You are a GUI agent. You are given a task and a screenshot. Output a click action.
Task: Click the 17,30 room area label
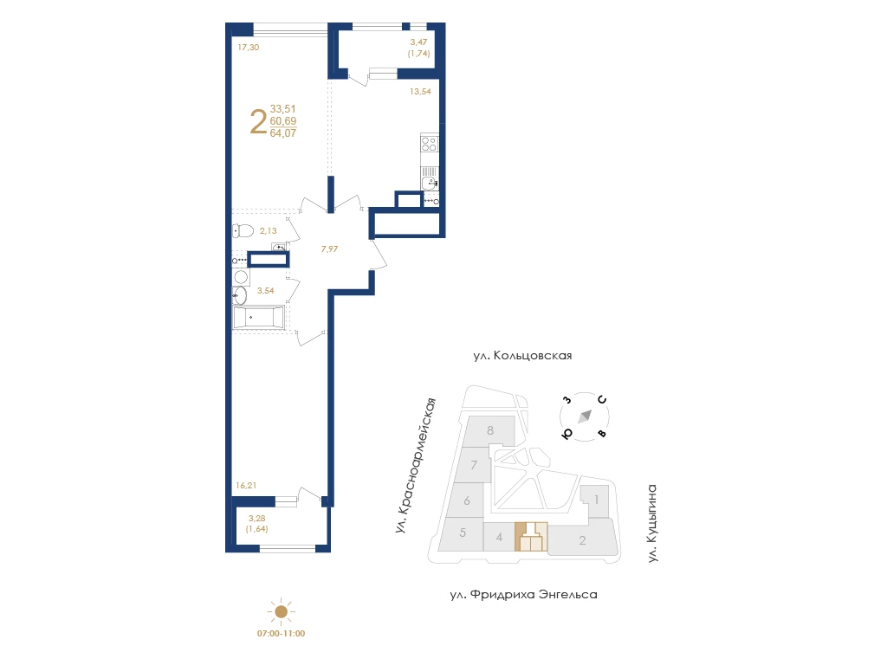click(249, 48)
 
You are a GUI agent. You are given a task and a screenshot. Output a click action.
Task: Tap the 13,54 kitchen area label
click(420, 91)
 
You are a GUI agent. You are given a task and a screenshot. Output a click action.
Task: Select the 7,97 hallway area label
click(329, 249)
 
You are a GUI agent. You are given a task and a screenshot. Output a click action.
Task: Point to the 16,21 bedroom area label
click(246, 485)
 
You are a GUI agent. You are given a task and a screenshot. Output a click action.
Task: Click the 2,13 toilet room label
click(269, 230)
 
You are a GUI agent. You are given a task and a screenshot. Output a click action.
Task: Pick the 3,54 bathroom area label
click(265, 291)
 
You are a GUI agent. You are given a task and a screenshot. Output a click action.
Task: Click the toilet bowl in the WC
click(243, 230)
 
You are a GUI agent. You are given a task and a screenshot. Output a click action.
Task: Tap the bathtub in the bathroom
click(258, 317)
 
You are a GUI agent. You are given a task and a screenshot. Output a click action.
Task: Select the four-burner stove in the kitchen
click(430, 143)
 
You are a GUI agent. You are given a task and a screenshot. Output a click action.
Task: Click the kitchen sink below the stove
click(430, 182)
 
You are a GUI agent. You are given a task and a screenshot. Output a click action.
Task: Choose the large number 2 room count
click(258, 122)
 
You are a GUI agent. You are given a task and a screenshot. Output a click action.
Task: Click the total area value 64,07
click(283, 133)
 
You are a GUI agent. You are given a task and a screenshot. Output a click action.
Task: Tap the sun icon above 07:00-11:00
click(282, 611)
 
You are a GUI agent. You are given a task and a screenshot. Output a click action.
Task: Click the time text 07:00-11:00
click(282, 634)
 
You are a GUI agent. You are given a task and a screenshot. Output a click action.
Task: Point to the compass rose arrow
click(585, 416)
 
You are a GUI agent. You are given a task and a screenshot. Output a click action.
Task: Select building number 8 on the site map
click(490, 430)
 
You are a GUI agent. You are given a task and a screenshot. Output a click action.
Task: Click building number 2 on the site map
click(582, 540)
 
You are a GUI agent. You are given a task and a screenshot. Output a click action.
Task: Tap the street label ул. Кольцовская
click(522, 356)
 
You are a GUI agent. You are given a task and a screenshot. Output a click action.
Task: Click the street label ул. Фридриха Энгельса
click(524, 595)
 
